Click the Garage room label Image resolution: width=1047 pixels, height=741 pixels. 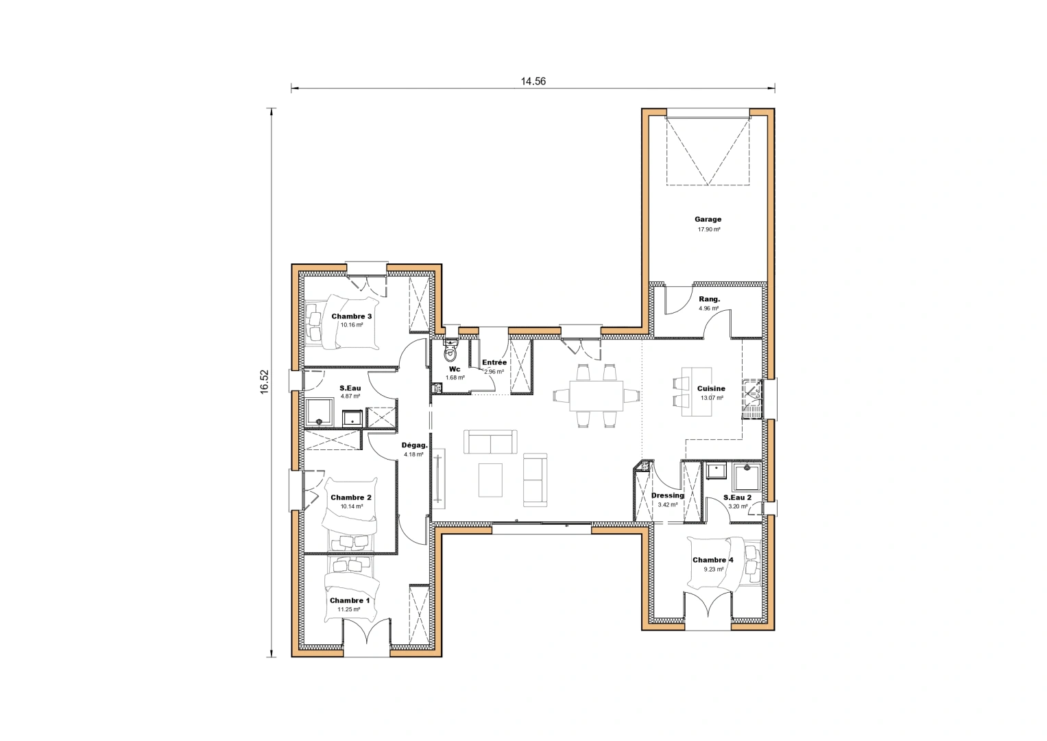[708, 220]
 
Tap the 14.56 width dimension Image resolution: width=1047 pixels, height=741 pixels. [533, 81]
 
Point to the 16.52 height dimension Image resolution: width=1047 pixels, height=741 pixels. [264, 383]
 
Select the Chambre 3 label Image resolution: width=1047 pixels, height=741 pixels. [351, 316]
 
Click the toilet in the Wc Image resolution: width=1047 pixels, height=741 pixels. [450, 353]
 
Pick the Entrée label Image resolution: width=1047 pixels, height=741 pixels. [494, 362]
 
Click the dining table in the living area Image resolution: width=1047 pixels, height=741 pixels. [596, 396]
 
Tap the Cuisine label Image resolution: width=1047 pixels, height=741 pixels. [711, 388]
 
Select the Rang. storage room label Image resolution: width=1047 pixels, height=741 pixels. [709, 299]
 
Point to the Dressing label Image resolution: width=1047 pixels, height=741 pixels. [667, 495]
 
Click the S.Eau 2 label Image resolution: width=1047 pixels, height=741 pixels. [737, 497]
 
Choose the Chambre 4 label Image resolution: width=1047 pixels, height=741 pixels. [712, 560]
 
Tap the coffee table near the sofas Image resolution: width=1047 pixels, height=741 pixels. [490, 480]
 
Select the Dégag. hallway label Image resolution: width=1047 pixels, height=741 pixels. [414, 445]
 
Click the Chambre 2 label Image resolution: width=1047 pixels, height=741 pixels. [351, 497]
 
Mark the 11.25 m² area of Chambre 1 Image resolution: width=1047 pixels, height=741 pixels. [349, 609]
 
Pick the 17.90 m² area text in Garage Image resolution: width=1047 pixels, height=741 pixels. [708, 229]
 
